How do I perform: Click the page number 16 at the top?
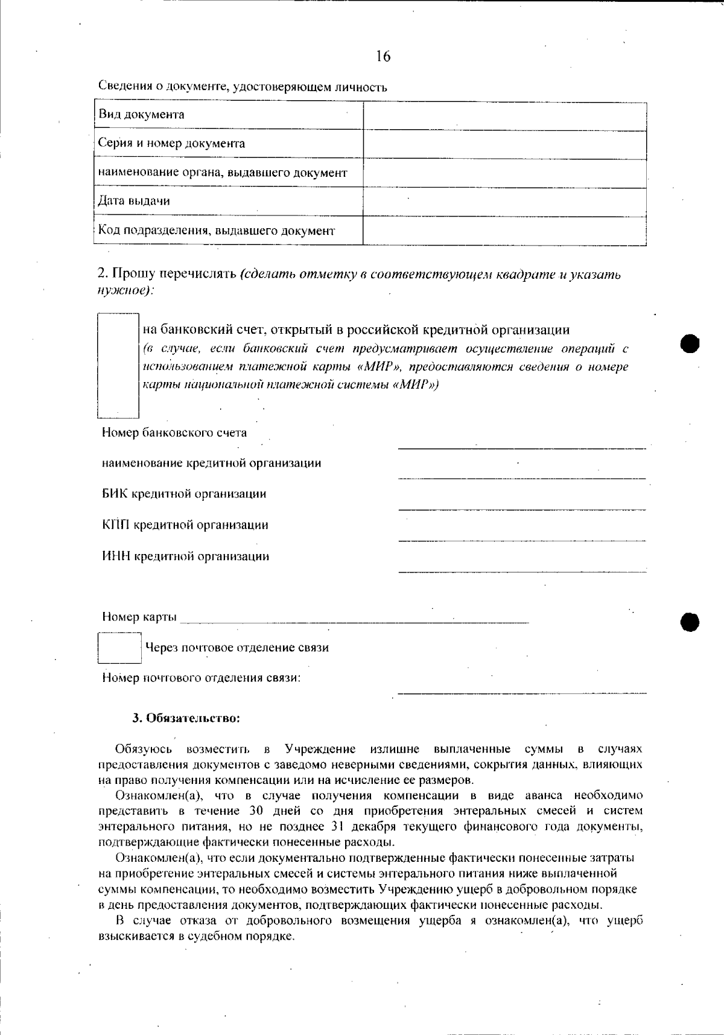[383, 56]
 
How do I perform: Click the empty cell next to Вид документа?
[504, 115]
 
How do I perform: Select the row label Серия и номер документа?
[172, 144]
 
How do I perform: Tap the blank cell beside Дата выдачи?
[504, 202]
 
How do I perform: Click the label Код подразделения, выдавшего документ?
[217, 231]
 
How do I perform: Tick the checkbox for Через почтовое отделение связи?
[119, 648]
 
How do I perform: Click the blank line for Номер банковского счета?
[521, 445]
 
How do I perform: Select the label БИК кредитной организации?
[184, 494]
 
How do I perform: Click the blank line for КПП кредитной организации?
[521, 537]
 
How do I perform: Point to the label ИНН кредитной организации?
[185, 556]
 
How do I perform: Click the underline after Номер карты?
[354, 619]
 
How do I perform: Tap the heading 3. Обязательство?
[186, 718]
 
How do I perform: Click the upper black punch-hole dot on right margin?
[690, 343]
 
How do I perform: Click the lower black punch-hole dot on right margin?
[690, 620]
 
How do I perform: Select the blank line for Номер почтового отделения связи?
[521, 690]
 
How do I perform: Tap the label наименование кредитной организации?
[211, 463]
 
